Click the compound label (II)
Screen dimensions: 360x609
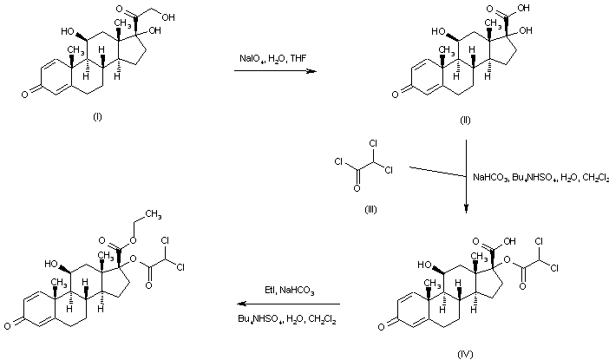click(465, 119)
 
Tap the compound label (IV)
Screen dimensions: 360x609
click(465, 354)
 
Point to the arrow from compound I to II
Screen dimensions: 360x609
click(273, 73)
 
